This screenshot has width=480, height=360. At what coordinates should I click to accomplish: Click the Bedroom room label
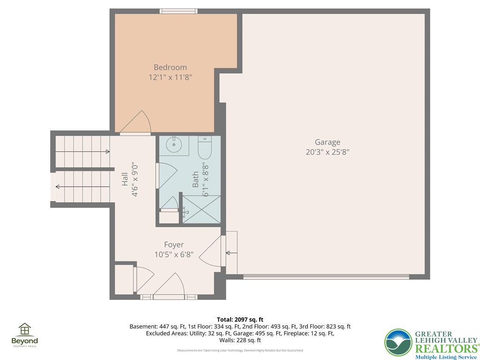point(170,67)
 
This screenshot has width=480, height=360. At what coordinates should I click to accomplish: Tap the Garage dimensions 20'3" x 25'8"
point(327,152)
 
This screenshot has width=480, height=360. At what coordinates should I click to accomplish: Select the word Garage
point(327,142)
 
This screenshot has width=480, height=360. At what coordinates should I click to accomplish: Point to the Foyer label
point(173,245)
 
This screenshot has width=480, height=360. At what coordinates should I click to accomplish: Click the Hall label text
point(125,180)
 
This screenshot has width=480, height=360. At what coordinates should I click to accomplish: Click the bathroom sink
point(173,144)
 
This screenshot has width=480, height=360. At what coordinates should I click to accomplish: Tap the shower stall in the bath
point(201,209)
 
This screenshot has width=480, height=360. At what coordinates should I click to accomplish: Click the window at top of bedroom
point(178,11)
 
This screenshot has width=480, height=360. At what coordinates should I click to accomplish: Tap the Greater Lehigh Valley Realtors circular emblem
point(398,343)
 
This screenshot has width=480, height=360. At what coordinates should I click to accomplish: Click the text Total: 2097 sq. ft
point(240,320)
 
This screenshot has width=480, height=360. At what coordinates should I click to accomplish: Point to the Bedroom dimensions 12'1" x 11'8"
point(170,77)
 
